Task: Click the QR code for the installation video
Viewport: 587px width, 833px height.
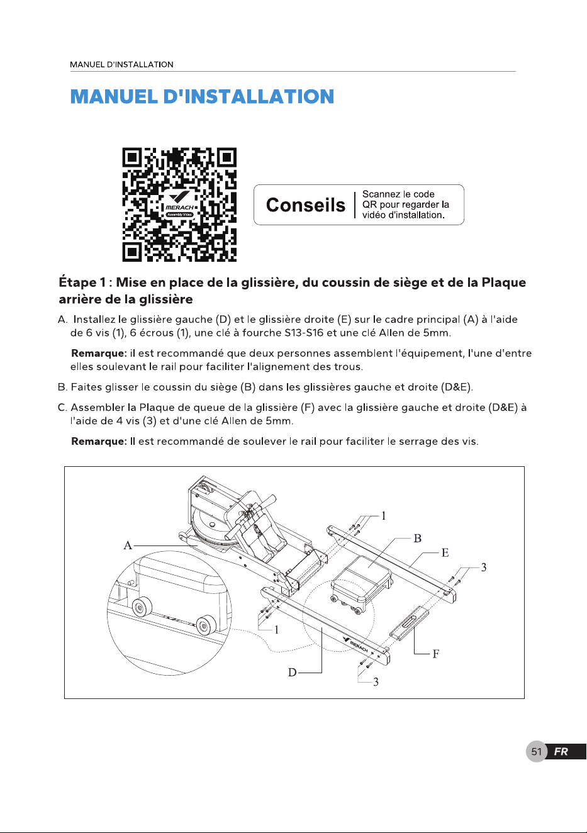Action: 179,204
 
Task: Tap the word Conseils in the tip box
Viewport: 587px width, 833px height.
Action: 305,205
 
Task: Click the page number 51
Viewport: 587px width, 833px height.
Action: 537,752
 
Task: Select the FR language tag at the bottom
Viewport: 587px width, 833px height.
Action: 561,752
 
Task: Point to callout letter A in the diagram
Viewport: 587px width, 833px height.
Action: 128,545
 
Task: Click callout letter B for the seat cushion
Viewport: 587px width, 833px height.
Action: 417,539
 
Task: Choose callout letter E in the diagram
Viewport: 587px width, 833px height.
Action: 445,552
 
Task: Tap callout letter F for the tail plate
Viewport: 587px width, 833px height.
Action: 436,654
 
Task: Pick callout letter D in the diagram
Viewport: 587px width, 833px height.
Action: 293,673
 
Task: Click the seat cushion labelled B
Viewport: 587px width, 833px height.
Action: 362,582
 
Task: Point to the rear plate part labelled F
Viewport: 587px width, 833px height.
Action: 409,623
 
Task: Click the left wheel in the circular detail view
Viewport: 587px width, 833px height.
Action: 142,607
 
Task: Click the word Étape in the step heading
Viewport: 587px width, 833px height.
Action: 77,282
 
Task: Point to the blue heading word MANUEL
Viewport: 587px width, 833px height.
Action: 114,97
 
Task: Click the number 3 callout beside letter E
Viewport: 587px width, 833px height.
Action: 484,567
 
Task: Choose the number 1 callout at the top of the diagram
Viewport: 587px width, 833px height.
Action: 384,516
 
